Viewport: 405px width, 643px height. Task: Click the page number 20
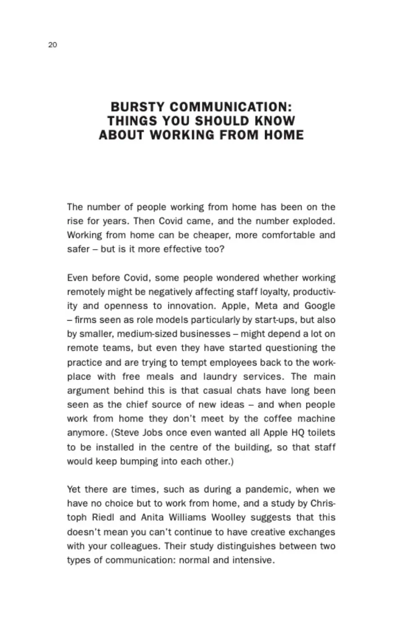click(x=52, y=45)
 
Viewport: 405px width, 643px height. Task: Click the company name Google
click(x=320, y=306)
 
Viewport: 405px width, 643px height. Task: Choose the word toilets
click(x=319, y=433)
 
